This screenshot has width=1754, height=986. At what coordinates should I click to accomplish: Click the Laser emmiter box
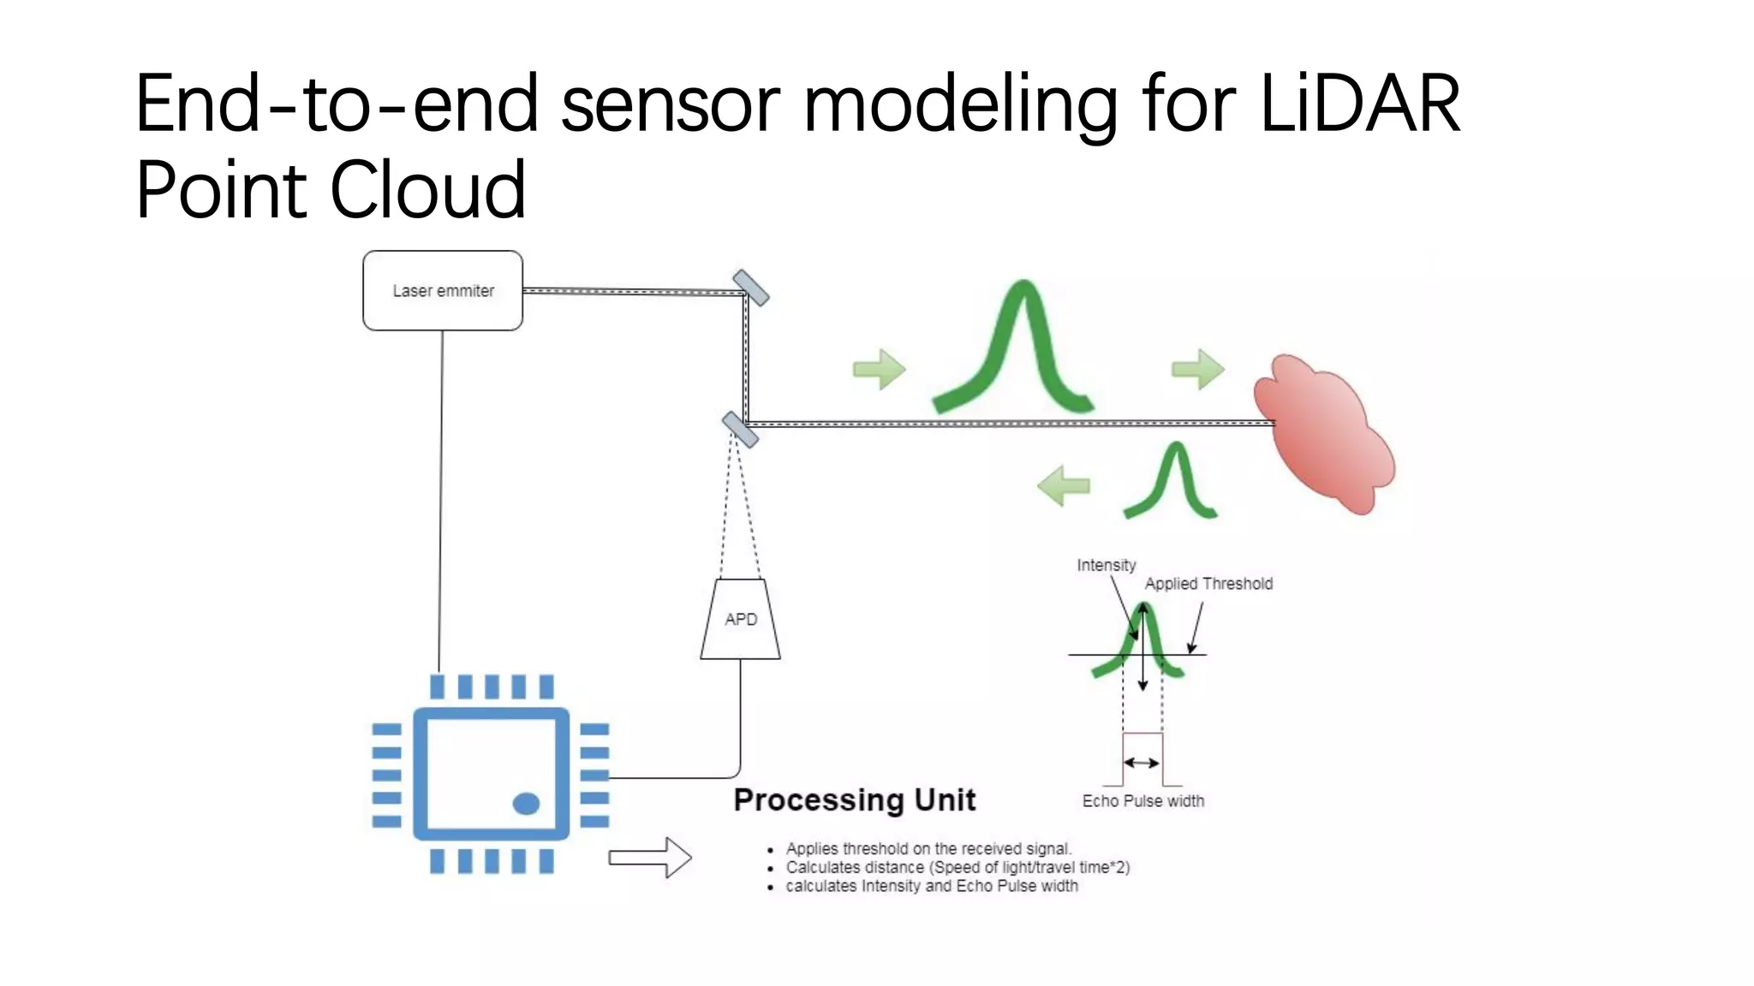pyautogui.click(x=443, y=291)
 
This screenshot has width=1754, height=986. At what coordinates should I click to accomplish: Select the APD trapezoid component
pyautogui.click(x=740, y=620)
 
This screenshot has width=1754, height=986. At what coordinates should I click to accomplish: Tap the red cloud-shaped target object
pyautogui.click(x=1323, y=432)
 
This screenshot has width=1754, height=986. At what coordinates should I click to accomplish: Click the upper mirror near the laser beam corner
pyautogui.click(x=751, y=288)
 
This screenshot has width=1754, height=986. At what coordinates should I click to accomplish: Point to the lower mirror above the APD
pyautogui.click(x=740, y=430)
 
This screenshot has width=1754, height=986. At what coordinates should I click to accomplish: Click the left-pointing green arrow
pyautogui.click(x=1063, y=485)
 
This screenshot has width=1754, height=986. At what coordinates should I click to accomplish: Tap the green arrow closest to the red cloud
pyautogui.click(x=1197, y=369)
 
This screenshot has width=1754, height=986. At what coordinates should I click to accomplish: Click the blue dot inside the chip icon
pyautogui.click(x=526, y=803)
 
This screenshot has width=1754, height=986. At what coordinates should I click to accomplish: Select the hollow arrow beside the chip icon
pyautogui.click(x=649, y=857)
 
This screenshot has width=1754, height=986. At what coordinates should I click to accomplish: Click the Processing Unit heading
pyautogui.click(x=854, y=799)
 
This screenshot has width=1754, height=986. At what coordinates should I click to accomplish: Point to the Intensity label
pyautogui.click(x=1106, y=565)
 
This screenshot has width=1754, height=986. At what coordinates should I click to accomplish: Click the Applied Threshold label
pyautogui.click(x=1208, y=584)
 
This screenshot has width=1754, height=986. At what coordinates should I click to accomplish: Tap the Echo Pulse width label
pyautogui.click(x=1142, y=801)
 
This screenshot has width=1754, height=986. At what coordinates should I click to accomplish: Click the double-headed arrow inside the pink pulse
pyautogui.click(x=1142, y=762)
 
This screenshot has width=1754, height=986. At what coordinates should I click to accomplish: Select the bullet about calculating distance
pyautogui.click(x=957, y=867)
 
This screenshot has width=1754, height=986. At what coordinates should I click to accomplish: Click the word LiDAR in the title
pyautogui.click(x=1360, y=104)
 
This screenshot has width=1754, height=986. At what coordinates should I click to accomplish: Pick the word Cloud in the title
pyautogui.click(x=427, y=189)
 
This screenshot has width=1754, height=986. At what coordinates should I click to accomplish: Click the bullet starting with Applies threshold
pyautogui.click(x=928, y=848)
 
